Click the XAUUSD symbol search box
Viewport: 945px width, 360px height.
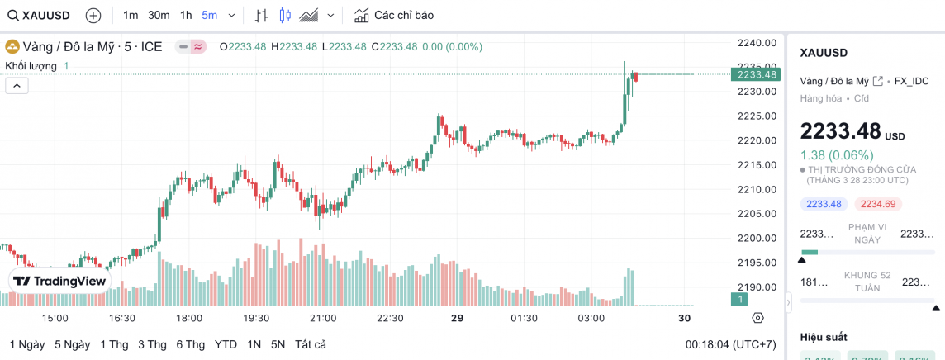40,15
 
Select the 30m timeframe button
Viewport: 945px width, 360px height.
159,15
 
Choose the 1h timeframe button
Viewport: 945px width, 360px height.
186,15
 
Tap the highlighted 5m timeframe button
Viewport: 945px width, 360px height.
209,15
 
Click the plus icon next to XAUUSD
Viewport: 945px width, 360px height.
93,15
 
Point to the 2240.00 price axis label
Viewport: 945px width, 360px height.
757,43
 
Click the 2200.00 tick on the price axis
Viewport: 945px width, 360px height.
757,239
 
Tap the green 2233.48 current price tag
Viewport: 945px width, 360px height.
756,74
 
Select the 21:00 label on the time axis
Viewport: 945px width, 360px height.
323,318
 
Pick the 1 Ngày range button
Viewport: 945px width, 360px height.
27,344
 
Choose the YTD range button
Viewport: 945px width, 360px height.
226,344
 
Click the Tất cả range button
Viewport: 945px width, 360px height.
310,344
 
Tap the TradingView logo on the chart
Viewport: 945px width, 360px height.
59,281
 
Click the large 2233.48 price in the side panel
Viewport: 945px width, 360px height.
840,132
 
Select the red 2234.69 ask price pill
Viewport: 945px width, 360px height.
881,204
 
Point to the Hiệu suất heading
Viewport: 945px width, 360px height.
824,337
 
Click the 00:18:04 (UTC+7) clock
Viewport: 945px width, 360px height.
730,344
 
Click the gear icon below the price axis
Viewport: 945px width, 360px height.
757,318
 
